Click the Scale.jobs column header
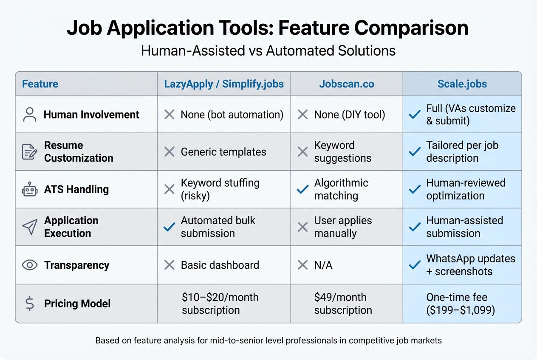(462, 84)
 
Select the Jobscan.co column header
(347, 84)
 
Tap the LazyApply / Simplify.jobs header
(224, 84)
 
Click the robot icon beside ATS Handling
(30, 189)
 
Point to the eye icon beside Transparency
(30, 265)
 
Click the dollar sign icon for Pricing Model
(30, 304)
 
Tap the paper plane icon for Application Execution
(30, 227)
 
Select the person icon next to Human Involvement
(30, 115)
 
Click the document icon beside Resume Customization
(30, 152)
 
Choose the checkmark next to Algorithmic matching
(302, 190)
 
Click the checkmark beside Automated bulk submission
(169, 227)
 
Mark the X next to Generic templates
(169, 152)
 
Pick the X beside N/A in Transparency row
(302, 265)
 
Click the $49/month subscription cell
(343, 304)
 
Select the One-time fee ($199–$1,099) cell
(461, 304)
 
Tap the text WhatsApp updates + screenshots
(470, 265)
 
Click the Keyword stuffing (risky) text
(220, 189)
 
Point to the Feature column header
(40, 84)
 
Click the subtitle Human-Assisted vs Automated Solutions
(268, 51)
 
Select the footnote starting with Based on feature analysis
(268, 340)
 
